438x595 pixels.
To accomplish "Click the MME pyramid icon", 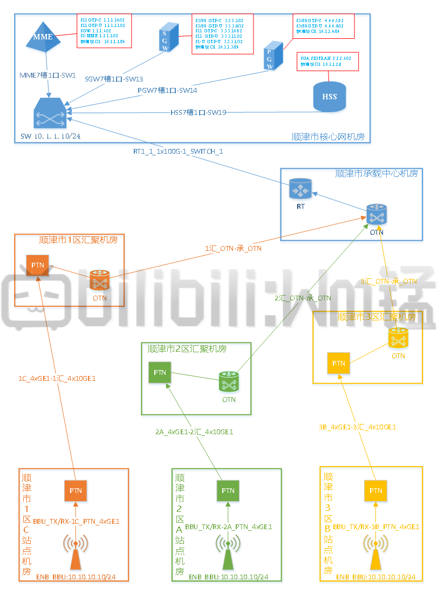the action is [44, 37].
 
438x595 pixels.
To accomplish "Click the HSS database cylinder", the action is [329, 97].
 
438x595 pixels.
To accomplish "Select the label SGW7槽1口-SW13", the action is [114, 79].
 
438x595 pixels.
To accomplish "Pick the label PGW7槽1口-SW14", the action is [167, 91].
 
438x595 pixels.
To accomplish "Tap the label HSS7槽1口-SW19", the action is [198, 113].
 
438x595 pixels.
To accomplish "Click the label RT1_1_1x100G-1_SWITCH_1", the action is [178, 152].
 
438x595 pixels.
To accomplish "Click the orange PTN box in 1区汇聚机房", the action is [38, 265].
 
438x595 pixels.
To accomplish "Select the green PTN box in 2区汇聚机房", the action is [160, 372].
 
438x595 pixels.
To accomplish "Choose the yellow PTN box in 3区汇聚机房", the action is [338, 364].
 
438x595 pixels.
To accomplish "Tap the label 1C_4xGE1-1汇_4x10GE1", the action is [57, 379].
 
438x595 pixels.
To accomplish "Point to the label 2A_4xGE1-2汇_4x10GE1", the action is [194, 432].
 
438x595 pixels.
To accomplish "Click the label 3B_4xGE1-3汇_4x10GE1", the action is [357, 427].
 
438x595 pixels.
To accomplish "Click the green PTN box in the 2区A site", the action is [228, 490].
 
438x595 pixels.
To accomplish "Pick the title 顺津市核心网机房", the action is [327, 137].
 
